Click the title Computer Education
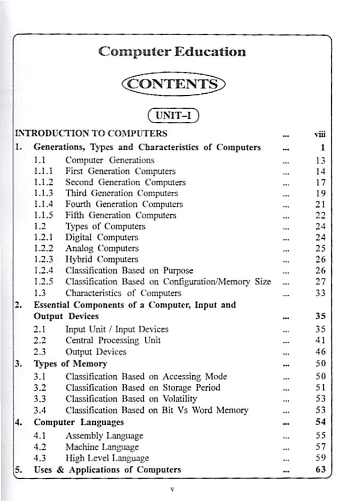coord(172,52)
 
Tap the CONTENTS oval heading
coord(173,84)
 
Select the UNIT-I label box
coord(173,116)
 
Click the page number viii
coord(320,134)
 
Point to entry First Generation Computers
coord(120,171)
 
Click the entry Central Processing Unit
coord(113,340)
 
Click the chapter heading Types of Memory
coord(70,364)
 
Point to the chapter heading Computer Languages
coord(79,422)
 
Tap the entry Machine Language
coord(102,447)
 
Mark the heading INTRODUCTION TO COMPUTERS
coord(91,133)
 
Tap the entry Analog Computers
coord(102,248)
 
